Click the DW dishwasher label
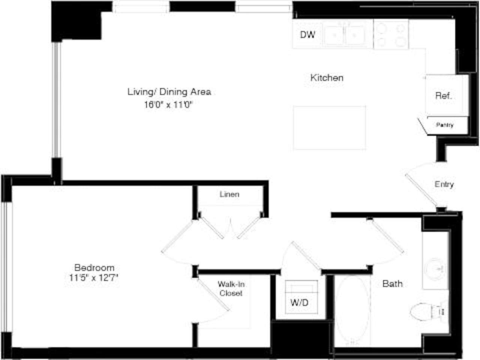pyautogui.click(x=307, y=34)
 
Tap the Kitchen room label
pyautogui.click(x=327, y=78)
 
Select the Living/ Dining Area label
pyautogui.click(x=169, y=91)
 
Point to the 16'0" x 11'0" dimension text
pyautogui.click(x=168, y=105)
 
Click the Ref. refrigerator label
pyautogui.click(x=443, y=96)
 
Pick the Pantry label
pyautogui.click(x=445, y=125)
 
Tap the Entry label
pyautogui.click(x=444, y=184)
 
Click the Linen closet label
pyautogui.click(x=229, y=194)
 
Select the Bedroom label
pyautogui.click(x=94, y=267)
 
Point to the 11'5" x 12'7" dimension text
pyautogui.click(x=94, y=278)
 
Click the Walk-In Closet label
pyautogui.click(x=231, y=289)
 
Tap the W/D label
pyautogui.click(x=299, y=302)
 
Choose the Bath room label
pyautogui.click(x=392, y=283)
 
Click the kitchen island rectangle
pyautogui.click(x=329, y=128)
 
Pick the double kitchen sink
pyautogui.click(x=345, y=35)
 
